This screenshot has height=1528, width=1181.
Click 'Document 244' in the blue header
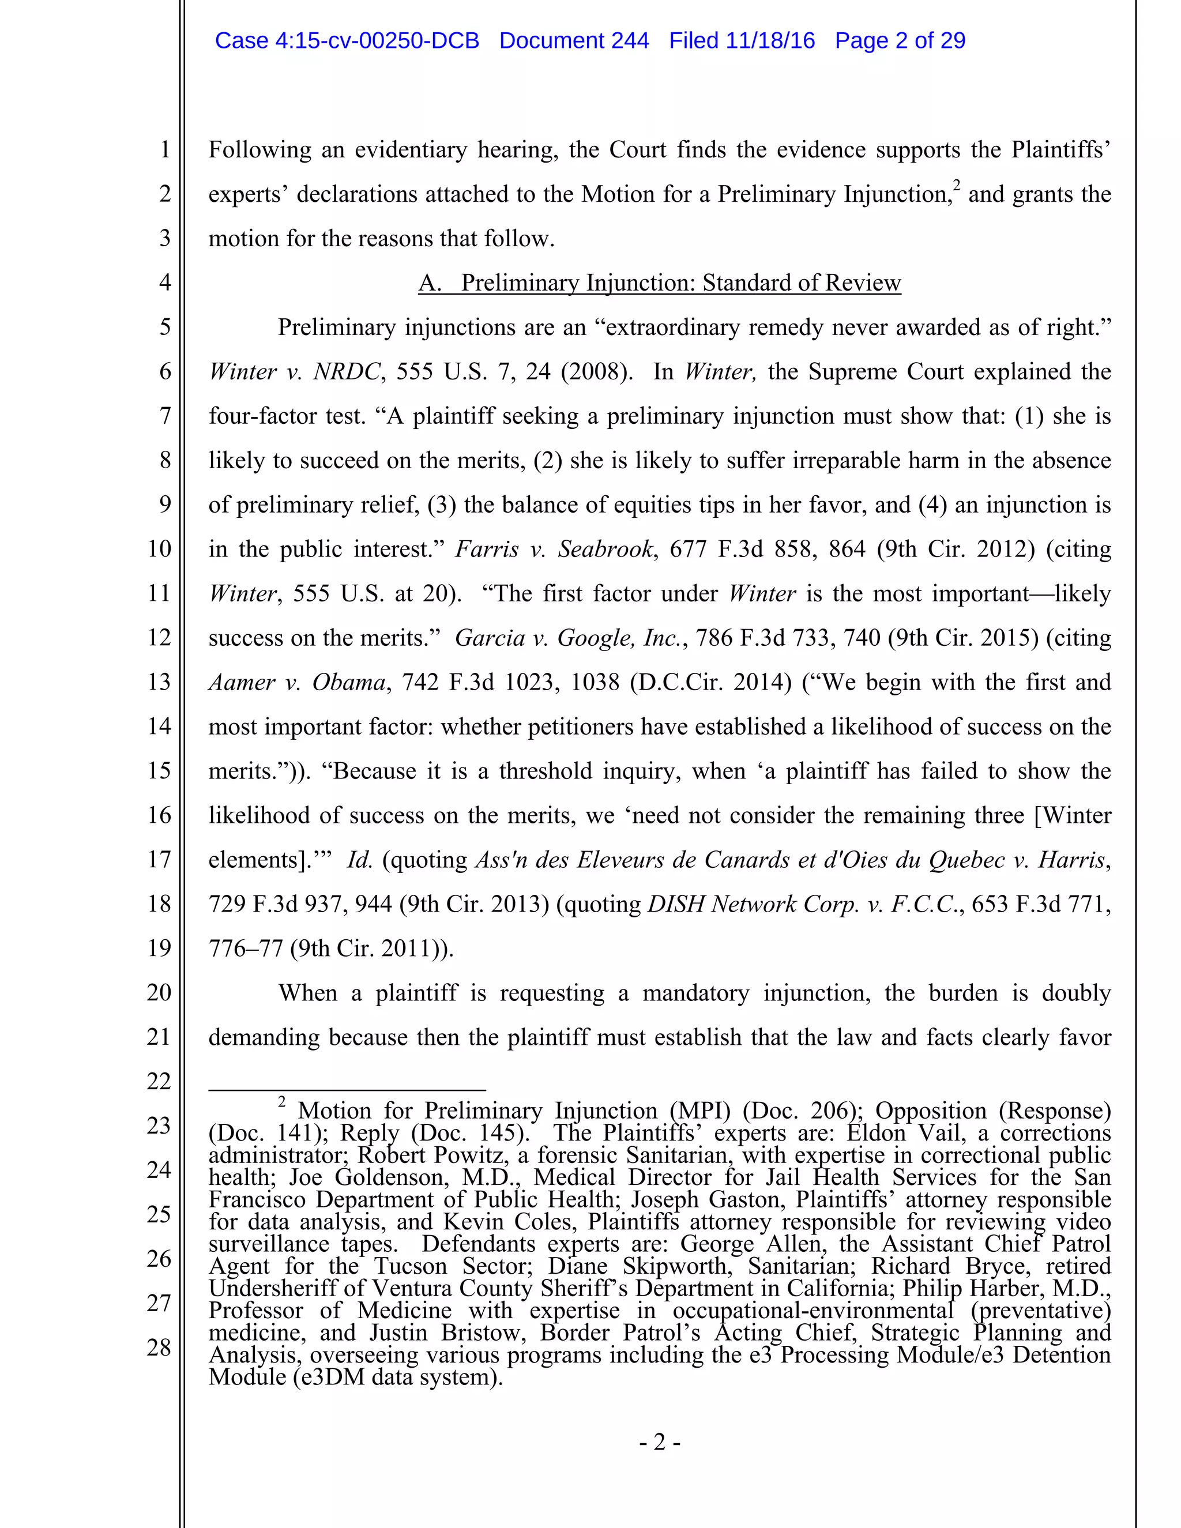point(574,40)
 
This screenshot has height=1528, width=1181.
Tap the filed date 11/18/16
point(770,40)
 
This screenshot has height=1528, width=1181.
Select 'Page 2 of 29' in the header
point(900,40)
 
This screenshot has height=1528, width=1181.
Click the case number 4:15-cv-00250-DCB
point(377,40)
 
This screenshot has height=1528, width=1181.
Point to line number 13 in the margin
point(160,682)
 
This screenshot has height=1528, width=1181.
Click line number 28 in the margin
point(160,1347)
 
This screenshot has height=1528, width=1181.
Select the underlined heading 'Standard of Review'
point(801,283)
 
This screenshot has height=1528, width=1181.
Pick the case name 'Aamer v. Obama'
point(298,682)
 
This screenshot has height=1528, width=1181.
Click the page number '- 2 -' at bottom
point(659,1442)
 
